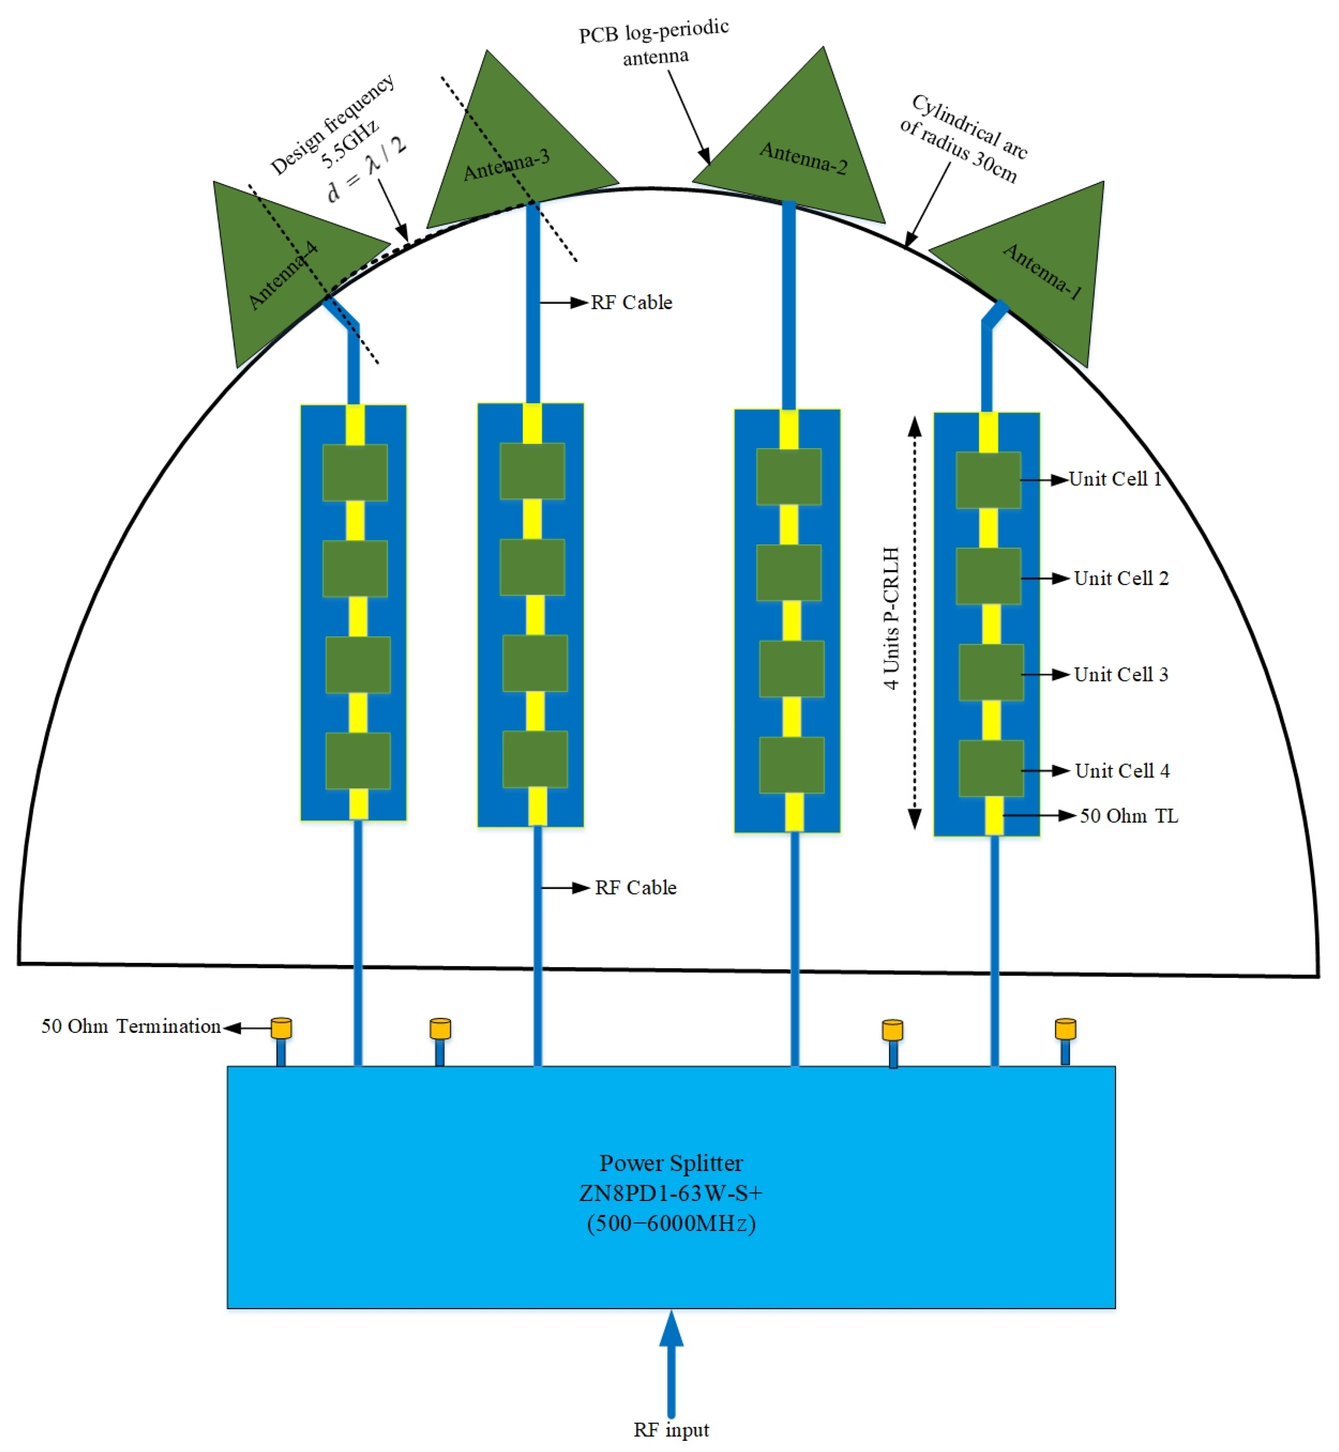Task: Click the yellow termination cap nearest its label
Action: point(281,1029)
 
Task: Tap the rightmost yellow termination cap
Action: point(1065,1029)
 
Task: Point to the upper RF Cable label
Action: point(631,303)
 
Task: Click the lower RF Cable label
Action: point(635,888)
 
